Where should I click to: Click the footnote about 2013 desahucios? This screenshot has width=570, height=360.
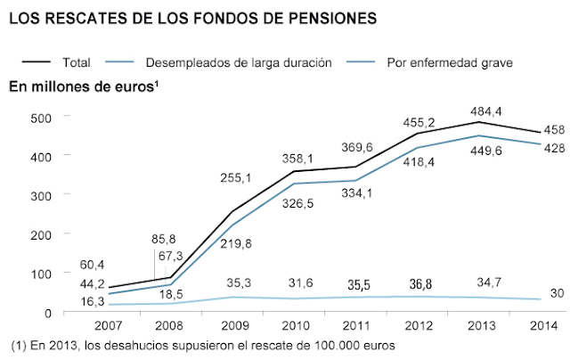tap(201, 345)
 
